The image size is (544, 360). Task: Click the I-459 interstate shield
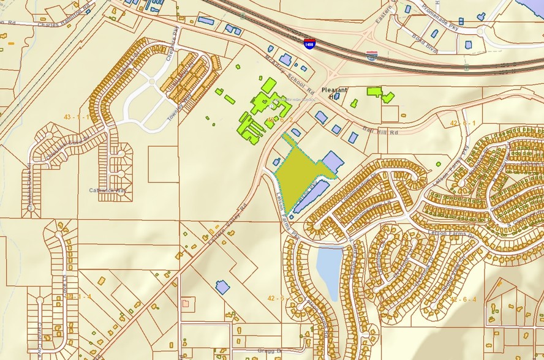pos(310,43)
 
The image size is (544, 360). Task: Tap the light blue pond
pos(327,272)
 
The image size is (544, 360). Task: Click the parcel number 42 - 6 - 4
pos(463,299)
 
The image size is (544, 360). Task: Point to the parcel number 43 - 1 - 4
pos(78,296)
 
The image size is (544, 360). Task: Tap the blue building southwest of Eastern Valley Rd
pos(222,287)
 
